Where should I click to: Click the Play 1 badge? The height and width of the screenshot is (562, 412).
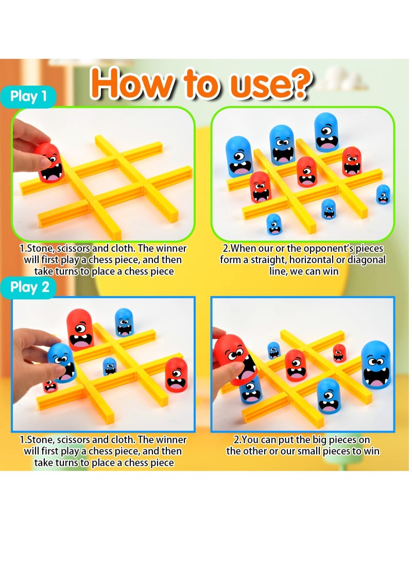(x=32, y=97)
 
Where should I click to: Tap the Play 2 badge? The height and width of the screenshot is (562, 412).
(x=32, y=287)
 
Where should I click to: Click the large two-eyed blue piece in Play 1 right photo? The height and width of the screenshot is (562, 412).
(x=282, y=145)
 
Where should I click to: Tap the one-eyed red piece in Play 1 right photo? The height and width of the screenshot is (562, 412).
(x=306, y=172)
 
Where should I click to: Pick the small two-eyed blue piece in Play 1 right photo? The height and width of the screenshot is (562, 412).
(x=274, y=224)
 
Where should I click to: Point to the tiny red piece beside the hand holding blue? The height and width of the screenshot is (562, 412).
(x=50, y=386)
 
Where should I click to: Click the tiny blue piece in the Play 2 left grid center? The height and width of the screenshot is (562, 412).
(x=109, y=366)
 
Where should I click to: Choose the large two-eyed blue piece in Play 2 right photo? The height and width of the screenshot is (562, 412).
(x=375, y=364)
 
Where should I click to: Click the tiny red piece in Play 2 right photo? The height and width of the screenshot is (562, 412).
(x=339, y=353)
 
